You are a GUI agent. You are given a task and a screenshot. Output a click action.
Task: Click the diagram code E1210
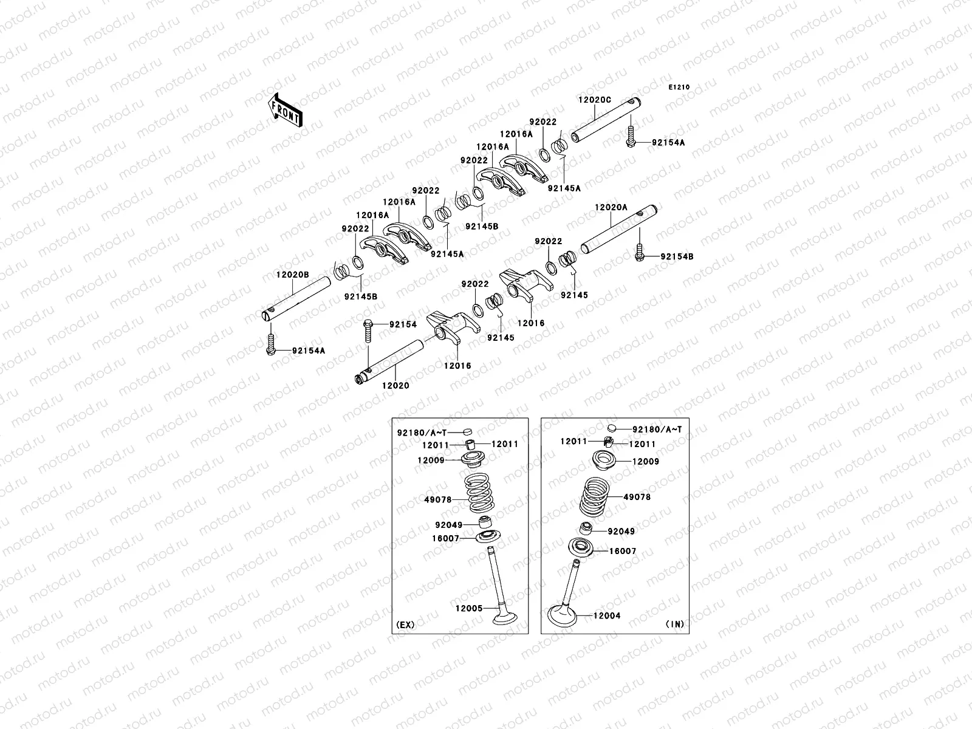(x=679, y=87)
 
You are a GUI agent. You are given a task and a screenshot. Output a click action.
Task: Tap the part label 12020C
(x=594, y=100)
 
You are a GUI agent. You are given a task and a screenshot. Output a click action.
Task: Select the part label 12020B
(x=293, y=275)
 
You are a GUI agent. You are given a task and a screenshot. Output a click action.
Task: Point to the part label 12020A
(x=611, y=207)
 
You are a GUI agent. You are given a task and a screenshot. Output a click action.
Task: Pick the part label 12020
(x=395, y=385)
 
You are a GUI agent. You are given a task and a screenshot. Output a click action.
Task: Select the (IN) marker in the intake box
(x=674, y=624)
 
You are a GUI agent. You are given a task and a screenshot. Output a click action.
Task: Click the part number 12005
(x=468, y=608)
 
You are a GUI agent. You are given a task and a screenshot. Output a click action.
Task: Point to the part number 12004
(x=606, y=616)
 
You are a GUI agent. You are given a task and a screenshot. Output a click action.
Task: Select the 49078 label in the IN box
(x=637, y=497)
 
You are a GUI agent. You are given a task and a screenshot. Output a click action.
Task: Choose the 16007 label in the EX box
(x=447, y=538)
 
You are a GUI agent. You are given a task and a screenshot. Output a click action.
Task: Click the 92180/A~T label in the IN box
(x=657, y=430)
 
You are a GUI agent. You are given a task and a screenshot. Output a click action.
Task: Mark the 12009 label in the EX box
(x=430, y=460)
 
